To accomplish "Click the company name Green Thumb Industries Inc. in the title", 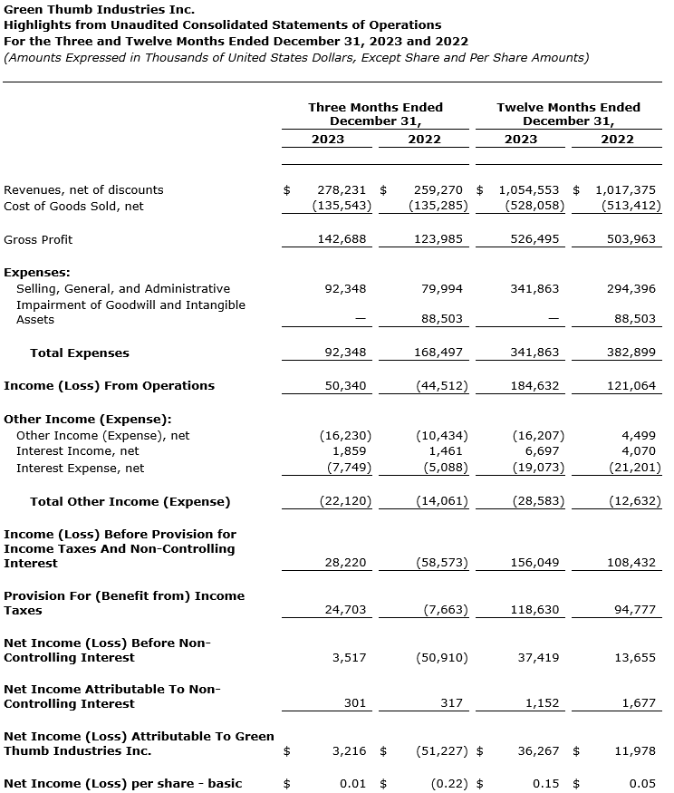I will [x=99, y=10].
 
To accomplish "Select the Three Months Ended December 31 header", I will [x=375, y=114].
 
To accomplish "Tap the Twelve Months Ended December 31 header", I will [x=568, y=114].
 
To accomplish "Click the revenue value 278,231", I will [x=342, y=190].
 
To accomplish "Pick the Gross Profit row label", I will [x=38, y=240].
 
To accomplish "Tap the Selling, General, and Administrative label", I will [x=123, y=289].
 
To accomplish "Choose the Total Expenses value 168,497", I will [x=439, y=353].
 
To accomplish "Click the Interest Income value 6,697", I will [x=541, y=451].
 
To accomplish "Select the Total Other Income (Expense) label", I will [x=130, y=502].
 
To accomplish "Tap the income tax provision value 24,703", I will [x=345, y=611].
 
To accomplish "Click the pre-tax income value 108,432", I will [x=631, y=564].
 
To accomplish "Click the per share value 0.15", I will [x=546, y=784].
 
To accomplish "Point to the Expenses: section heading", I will [x=37, y=273].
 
